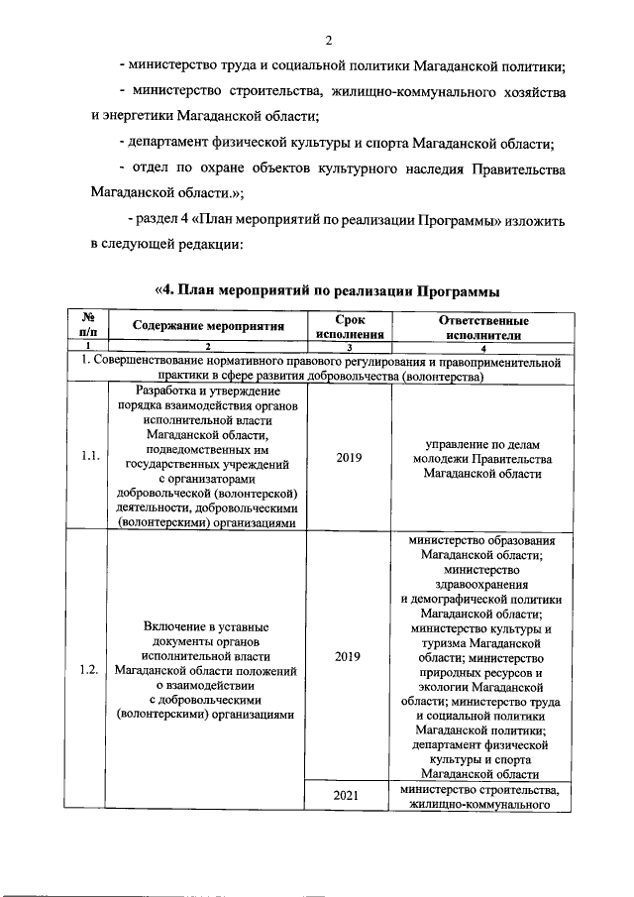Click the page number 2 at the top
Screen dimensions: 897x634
(327, 40)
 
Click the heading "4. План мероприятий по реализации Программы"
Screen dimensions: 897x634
(326, 290)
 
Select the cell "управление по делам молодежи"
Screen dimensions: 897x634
(482, 458)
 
